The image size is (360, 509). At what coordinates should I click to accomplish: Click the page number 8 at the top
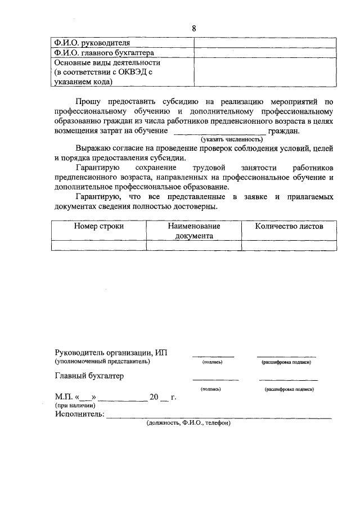194,29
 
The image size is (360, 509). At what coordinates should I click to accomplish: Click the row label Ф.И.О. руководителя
92,43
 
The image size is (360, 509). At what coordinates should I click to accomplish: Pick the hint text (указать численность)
232,139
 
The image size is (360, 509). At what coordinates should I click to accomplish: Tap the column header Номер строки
99,226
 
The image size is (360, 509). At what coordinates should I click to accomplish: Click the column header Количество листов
289,226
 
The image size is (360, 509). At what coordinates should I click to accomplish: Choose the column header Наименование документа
193,231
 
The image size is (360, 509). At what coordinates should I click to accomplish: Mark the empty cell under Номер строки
99,245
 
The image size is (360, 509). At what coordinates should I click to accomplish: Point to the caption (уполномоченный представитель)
102,362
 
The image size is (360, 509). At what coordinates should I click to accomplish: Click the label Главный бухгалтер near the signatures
89,376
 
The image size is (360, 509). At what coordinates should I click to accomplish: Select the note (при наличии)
75,406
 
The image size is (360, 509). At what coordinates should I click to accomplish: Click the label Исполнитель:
80,415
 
